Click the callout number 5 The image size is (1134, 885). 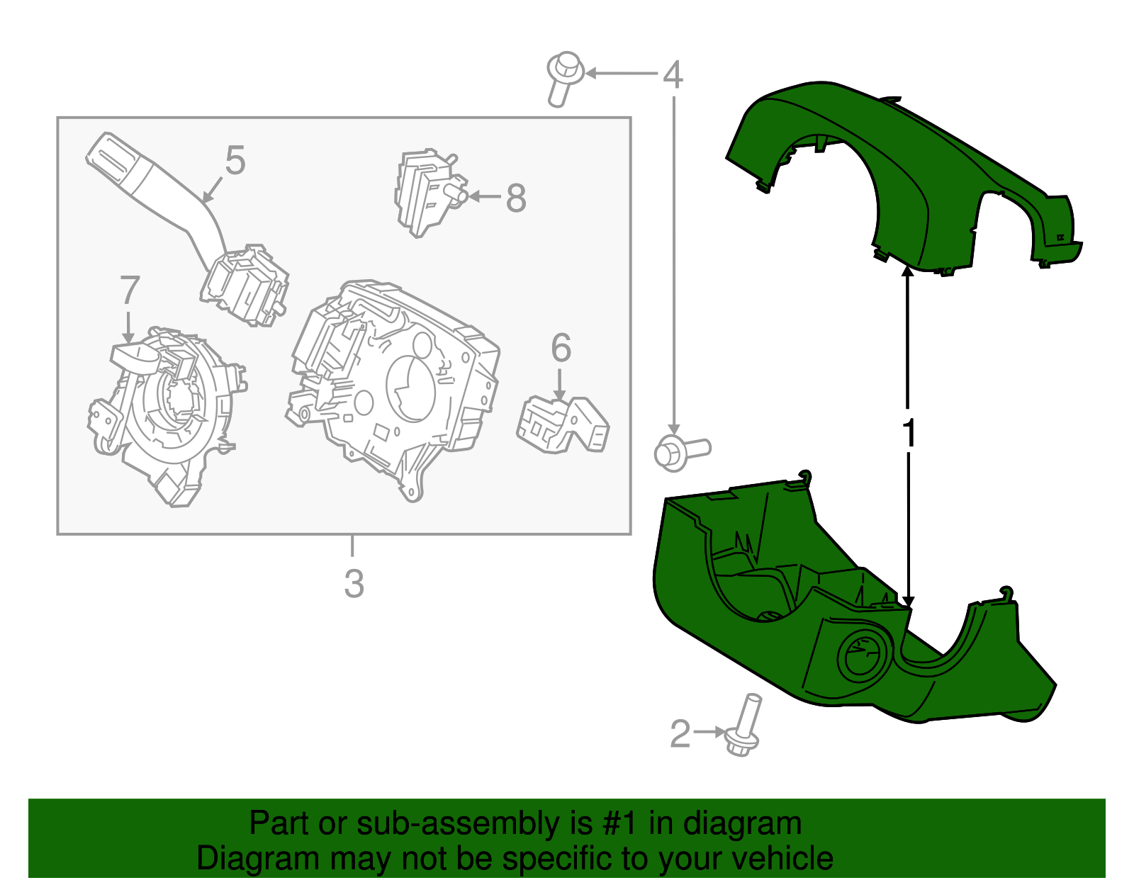235,160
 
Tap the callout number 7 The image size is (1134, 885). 129,291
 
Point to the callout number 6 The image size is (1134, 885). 561,348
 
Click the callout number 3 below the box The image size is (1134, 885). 354,584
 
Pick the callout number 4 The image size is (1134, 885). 673,74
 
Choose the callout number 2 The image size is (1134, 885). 680,734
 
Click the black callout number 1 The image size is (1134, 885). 909,434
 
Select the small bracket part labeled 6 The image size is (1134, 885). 563,425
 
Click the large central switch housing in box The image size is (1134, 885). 397,383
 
